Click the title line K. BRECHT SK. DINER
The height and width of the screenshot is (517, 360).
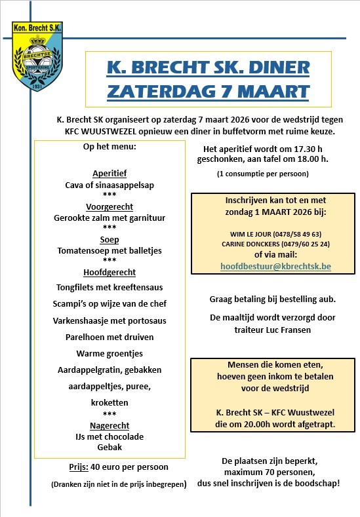pos(209,68)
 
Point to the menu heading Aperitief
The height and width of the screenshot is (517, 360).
pos(110,174)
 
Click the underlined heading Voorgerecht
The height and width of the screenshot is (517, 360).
pos(110,206)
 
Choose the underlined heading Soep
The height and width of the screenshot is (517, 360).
pos(110,239)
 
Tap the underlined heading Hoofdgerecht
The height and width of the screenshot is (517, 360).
pos(110,272)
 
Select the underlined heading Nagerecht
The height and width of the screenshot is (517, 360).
pos(110,425)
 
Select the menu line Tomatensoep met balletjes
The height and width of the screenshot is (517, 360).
pos(110,250)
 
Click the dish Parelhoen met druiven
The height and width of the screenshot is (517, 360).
pos(110,337)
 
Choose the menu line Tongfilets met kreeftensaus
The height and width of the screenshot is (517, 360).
pos(110,287)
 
